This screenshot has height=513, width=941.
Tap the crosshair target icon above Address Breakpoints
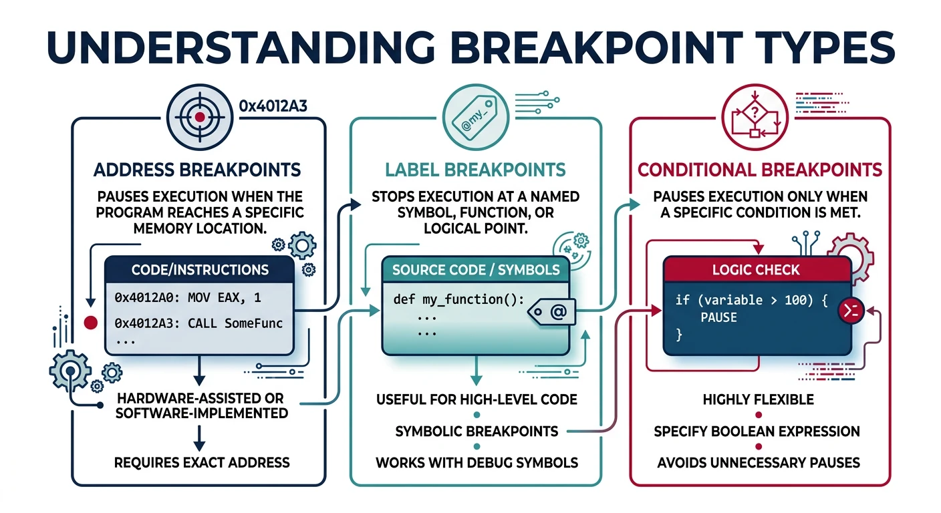tap(198, 118)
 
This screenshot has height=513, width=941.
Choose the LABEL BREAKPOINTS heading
tap(475, 170)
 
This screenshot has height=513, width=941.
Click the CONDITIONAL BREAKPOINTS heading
tap(760, 170)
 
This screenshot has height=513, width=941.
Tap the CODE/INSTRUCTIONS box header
tap(200, 270)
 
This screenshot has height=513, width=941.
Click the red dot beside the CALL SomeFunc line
tap(90, 323)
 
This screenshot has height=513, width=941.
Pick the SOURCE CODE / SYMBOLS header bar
tap(475, 270)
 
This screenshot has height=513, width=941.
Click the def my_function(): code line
tap(458, 299)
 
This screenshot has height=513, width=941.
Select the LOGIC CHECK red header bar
tap(757, 270)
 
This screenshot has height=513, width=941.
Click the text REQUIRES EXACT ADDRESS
tap(202, 462)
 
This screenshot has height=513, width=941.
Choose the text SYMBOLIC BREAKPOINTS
tap(477, 431)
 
